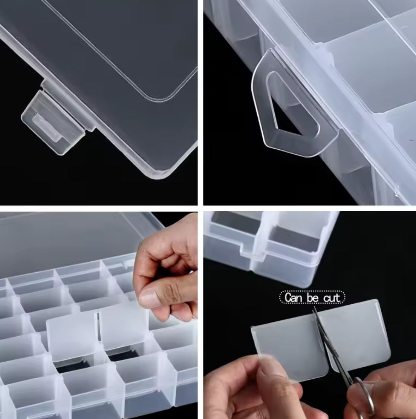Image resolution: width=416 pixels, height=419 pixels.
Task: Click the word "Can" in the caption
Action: [294, 298]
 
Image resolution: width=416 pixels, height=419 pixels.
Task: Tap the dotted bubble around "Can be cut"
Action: [312, 298]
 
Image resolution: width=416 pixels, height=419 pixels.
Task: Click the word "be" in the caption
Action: [312, 298]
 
